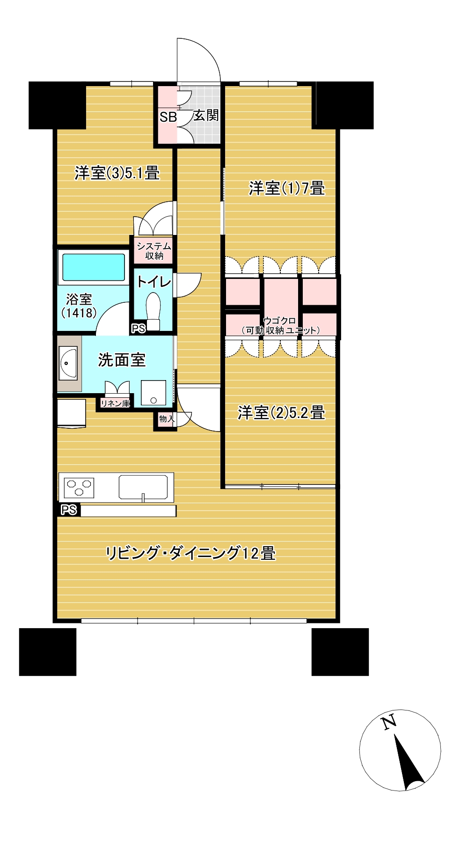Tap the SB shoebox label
tap(168, 117)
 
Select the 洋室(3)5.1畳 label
tap(117, 173)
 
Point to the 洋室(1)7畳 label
tap(287, 188)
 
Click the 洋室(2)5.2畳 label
tap(281, 412)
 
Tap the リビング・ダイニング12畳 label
tap(190, 553)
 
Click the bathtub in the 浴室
tap(94, 268)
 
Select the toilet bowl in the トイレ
tap(153, 311)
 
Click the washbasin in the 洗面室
tap(68, 364)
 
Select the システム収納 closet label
tap(154, 251)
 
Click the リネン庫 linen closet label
tap(115, 403)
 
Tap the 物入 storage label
tap(167, 418)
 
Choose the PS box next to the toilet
tap(139, 329)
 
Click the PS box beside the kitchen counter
tap(69, 510)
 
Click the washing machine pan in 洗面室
tap(153, 393)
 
